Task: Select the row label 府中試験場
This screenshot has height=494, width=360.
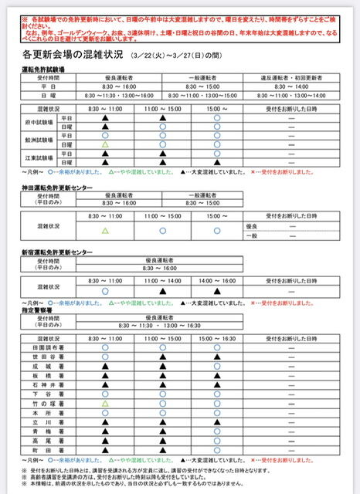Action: tap(39, 123)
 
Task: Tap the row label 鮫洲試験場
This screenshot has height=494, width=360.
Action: tap(39, 140)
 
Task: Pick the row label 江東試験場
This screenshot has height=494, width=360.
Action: tap(39, 158)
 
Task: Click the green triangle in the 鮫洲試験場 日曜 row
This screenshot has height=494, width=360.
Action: tap(105, 144)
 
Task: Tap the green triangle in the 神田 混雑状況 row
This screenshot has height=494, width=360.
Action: tap(105, 230)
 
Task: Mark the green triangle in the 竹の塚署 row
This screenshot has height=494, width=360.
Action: tap(105, 403)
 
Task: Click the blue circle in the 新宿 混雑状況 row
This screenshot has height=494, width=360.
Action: tap(105, 291)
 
